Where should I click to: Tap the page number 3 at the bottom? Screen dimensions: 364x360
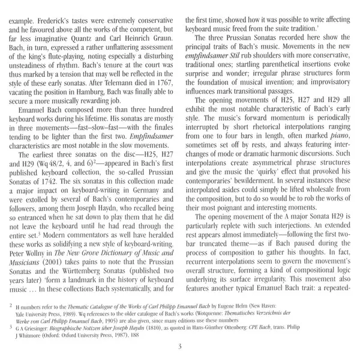pyautogui.click(x=180, y=347)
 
